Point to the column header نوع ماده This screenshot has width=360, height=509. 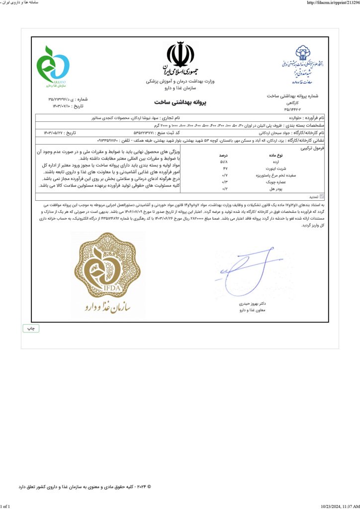[x=266, y=155]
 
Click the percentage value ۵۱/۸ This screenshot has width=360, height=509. [x=224, y=162]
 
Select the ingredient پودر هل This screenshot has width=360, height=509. [x=266, y=189]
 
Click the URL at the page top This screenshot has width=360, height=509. [x=331, y=3]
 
